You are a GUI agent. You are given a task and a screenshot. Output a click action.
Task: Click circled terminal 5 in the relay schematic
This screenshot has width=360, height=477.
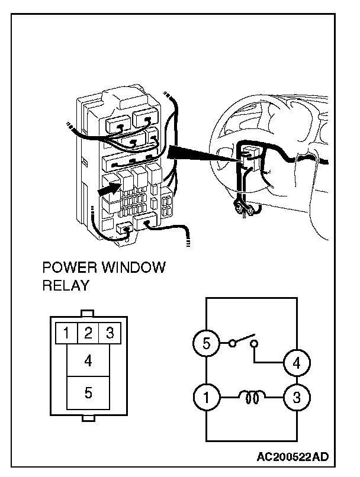pyautogui.click(x=206, y=344)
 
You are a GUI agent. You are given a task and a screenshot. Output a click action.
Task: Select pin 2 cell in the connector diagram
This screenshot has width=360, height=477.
pyautogui.click(x=88, y=333)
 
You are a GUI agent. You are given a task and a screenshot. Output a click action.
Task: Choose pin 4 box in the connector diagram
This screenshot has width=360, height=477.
pyautogui.click(x=88, y=359)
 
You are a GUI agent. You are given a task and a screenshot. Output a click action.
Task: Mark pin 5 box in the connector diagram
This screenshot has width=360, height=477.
pyautogui.click(x=88, y=392)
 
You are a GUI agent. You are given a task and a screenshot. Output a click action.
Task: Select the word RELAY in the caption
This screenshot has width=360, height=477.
pyautogui.click(x=65, y=286)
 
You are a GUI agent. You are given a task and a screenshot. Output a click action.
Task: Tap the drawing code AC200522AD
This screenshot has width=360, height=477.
pyautogui.click(x=292, y=457)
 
